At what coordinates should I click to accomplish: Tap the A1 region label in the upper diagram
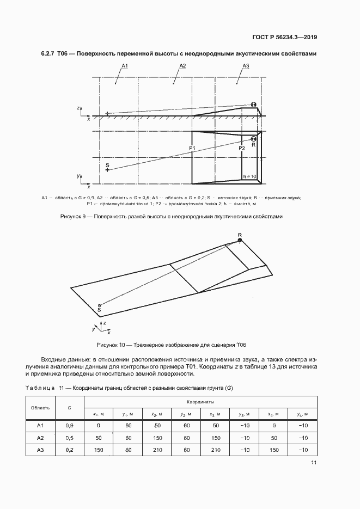pos(124,66)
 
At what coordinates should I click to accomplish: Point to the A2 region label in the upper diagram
pos(183,66)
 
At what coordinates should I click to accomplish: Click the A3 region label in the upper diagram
pos(246,66)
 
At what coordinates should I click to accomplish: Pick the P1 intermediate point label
pos(192,148)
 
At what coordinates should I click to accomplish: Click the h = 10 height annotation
pos(249,176)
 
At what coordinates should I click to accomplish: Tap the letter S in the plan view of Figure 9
pos(107,164)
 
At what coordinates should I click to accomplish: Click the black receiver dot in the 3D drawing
pos(240,240)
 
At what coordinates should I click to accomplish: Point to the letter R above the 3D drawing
pos(240,235)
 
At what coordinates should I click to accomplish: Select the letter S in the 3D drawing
pos(99,310)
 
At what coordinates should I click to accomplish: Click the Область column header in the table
pos(40,407)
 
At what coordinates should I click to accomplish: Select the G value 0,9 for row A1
pos(69,425)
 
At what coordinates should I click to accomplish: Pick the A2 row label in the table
pos(40,437)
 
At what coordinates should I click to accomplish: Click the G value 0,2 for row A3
pos(69,450)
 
